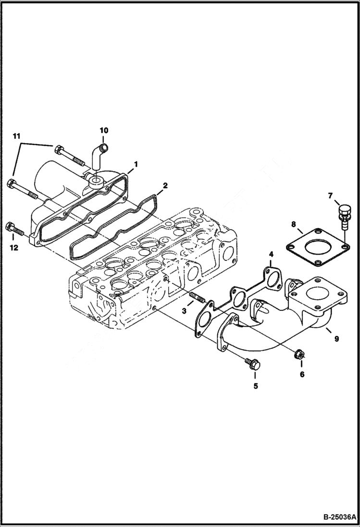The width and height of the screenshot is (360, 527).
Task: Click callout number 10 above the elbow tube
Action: point(104,130)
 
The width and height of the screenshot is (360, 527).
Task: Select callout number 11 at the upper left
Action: point(17,137)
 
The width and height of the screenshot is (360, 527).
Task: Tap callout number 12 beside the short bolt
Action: point(13,248)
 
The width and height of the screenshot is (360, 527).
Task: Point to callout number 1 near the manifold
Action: point(136,164)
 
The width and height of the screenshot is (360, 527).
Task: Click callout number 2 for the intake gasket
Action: point(164,185)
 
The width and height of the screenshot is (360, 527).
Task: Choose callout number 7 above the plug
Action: point(330,195)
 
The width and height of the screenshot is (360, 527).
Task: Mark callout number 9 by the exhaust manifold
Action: point(336,339)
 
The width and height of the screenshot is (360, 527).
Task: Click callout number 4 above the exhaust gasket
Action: point(271,253)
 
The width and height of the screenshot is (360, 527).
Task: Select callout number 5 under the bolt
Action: point(255,386)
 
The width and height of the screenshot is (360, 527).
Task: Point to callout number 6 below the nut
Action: point(302,374)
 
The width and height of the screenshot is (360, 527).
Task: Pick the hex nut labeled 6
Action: point(298,354)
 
